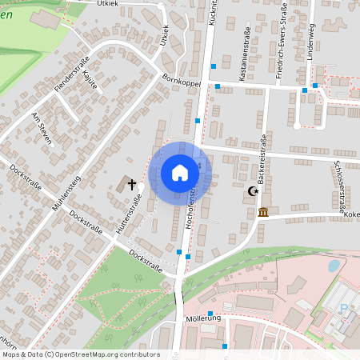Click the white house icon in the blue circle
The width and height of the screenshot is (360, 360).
point(180,172)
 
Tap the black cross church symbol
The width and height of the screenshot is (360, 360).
point(132,185)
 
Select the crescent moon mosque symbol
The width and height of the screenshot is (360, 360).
point(254,191)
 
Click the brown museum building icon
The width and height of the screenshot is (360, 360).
point(263,212)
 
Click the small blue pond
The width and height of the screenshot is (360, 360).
point(334,265)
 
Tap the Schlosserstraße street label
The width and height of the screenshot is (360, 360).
point(342,184)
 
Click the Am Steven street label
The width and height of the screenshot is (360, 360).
point(41,128)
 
